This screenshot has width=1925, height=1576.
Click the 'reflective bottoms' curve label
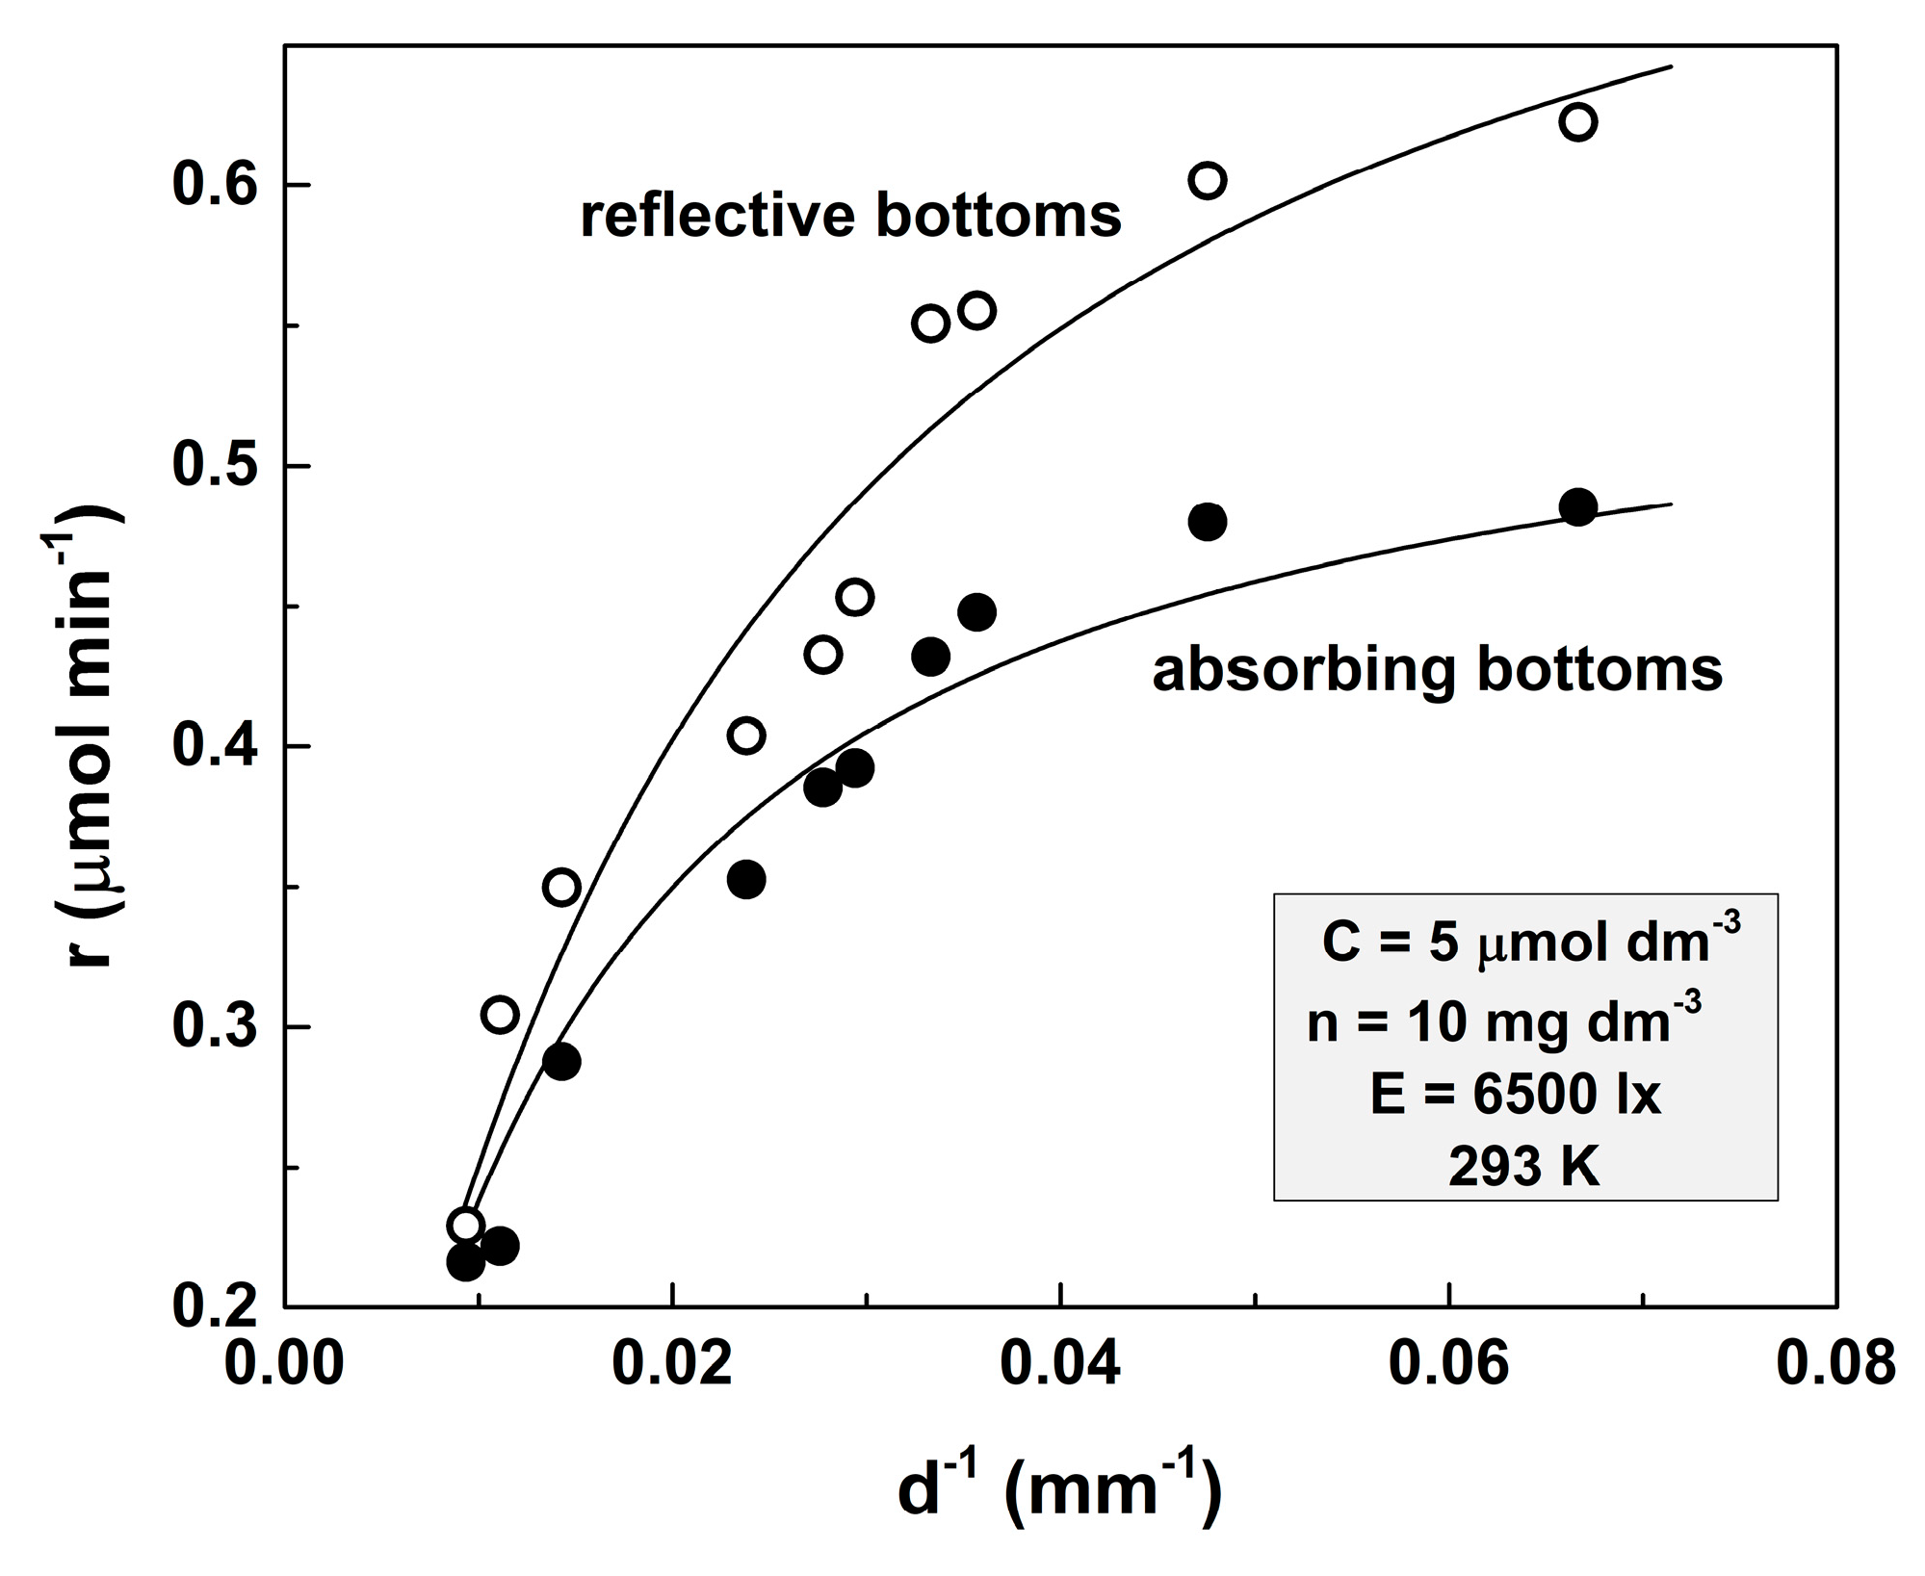850,216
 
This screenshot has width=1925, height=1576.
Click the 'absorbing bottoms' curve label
1437,670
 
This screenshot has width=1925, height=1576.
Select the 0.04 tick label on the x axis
1060,1364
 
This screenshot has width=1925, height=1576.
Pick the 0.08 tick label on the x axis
1835,1364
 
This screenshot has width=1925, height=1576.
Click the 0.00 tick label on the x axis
284,1364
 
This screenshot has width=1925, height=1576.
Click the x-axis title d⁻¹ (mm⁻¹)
1059,1489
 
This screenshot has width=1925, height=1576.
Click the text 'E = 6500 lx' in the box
1516,1095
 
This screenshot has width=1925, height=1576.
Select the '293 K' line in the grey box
1523,1167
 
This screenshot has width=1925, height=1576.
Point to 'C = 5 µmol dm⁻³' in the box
1529,941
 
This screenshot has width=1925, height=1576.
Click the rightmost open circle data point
1577,122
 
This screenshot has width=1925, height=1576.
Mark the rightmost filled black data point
1577,506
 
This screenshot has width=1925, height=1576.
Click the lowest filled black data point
465,1261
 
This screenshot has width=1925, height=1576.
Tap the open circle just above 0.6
1207,180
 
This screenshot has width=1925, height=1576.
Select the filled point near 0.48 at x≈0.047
1207,521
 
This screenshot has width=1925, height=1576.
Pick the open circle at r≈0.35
561,887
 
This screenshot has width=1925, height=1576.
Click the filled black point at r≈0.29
561,1061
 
